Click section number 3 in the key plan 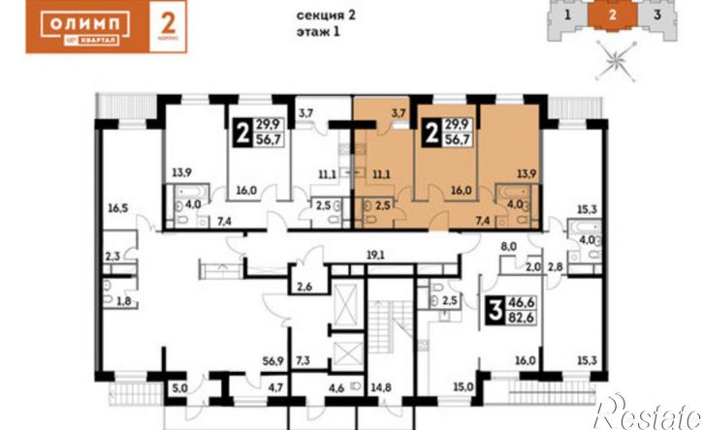coord(657,15)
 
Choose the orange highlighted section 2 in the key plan coord(613,15)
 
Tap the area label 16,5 coord(117,207)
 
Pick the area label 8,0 coord(507,248)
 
